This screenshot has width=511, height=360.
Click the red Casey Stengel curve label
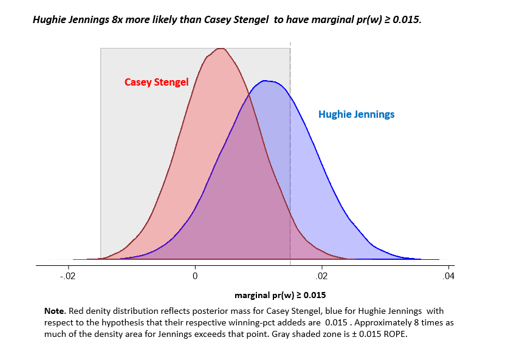point(156,82)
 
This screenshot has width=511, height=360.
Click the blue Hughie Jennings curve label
point(356,114)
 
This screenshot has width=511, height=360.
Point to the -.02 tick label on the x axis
point(68,276)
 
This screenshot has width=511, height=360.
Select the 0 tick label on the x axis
point(195,276)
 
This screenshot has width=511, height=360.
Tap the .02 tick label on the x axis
point(321,276)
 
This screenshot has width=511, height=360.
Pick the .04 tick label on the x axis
point(448,276)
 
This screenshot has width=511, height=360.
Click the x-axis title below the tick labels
point(280,296)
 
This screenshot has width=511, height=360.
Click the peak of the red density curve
point(221,49)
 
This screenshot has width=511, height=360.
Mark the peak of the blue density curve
point(264,81)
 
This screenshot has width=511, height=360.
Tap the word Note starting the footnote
point(54,311)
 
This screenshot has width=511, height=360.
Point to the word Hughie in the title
point(49,19)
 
